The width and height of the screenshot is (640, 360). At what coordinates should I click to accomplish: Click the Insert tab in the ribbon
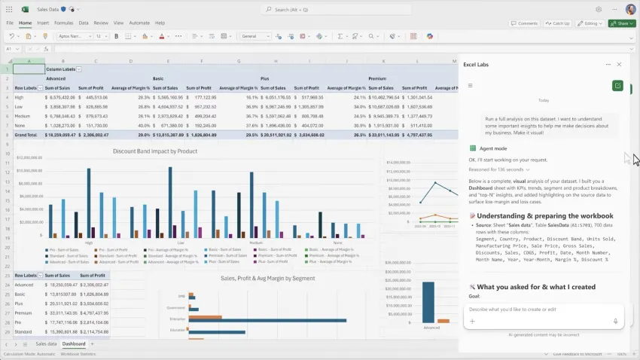point(43,23)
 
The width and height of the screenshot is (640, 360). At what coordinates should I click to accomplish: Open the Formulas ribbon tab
point(64,23)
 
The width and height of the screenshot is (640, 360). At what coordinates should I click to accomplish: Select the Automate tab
point(139,23)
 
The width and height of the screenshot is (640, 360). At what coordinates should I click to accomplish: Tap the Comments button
point(526,23)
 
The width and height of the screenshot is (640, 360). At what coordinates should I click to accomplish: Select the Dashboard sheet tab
point(74,344)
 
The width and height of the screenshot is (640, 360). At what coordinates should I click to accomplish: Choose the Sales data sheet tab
point(46,344)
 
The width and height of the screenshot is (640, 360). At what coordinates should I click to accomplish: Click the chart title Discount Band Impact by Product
point(154,151)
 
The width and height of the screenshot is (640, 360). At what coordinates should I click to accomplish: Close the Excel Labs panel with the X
point(619,65)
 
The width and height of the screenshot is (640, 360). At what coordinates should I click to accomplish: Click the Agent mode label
point(492,148)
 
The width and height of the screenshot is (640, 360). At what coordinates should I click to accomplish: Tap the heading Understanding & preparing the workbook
point(538,216)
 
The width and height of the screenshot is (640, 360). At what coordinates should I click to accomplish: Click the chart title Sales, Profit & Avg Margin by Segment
point(267,279)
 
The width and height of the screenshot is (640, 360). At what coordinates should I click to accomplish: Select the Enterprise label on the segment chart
point(178,319)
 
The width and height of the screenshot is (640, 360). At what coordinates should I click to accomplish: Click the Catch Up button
point(559,23)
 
